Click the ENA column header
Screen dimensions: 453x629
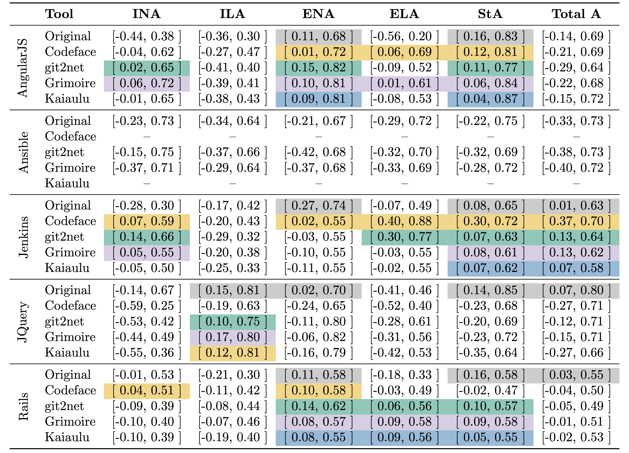318,14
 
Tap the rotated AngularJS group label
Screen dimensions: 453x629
23,68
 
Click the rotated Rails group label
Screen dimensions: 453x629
23,406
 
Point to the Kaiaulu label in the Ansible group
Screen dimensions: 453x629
67,183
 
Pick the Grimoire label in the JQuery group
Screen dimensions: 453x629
70,337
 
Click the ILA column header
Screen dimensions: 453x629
232,14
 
